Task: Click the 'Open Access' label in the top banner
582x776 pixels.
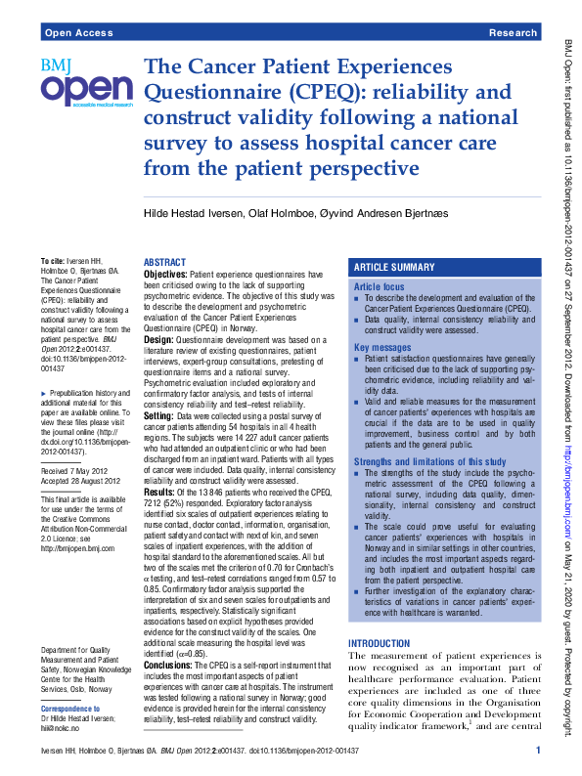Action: tap(75, 33)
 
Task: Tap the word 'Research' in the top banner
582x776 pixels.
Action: tap(513, 33)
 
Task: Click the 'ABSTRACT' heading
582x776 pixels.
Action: tap(165, 263)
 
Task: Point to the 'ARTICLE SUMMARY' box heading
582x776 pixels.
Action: tap(393, 267)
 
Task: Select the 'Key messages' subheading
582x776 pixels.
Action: tap(382, 348)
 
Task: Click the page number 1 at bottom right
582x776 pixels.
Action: tap(538, 750)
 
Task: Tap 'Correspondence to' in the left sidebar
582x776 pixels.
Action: tap(71, 709)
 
